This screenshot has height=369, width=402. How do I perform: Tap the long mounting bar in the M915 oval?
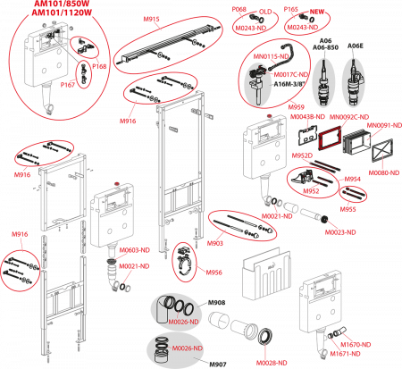pos(170,42)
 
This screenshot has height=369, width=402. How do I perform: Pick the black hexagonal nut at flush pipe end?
pos(265,335)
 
